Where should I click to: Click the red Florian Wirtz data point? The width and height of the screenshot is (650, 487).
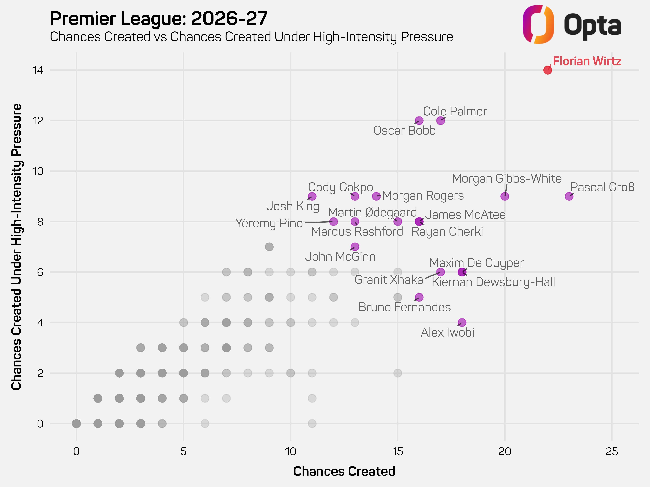click(547, 70)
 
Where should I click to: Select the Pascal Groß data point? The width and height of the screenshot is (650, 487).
click(569, 196)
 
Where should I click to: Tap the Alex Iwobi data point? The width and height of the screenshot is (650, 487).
click(462, 323)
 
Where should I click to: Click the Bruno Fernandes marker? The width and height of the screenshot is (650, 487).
click(419, 297)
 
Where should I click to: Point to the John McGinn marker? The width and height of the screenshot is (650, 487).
click(355, 247)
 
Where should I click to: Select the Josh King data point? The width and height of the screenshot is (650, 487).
click(312, 196)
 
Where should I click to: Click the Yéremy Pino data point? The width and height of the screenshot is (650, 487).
click(333, 222)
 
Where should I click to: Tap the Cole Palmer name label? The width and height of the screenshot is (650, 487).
click(455, 112)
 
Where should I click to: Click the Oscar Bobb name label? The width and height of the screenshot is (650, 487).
click(404, 131)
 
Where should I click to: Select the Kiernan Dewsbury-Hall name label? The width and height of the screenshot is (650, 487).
click(493, 282)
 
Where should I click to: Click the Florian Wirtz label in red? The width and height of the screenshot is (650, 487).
click(587, 61)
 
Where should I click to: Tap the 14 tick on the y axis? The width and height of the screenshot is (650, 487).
click(38, 70)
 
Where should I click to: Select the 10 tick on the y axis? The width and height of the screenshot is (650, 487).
click(38, 171)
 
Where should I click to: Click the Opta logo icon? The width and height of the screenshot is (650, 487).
click(538, 24)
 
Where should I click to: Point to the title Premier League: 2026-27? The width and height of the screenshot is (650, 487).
click(159, 19)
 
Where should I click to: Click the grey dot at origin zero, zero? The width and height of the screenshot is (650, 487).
click(76, 424)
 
